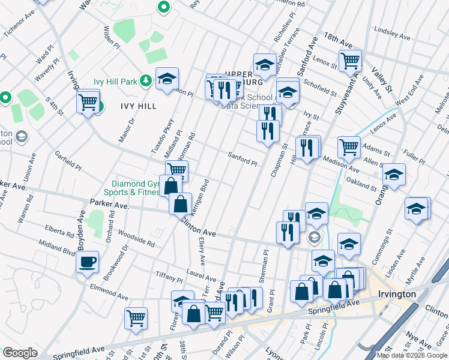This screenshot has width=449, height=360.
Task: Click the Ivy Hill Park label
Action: pyautogui.click(x=116, y=81)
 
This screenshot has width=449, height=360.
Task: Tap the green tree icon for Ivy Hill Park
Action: pyautogui.click(x=145, y=81)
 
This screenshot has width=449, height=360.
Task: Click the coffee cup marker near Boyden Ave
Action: pyautogui.click(x=88, y=262)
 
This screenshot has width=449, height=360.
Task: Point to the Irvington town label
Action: pyautogui.click(x=397, y=294)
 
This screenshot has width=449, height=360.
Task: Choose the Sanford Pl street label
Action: pyautogui.click(x=242, y=159)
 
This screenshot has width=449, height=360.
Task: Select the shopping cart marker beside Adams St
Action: pyautogui.click(x=349, y=146)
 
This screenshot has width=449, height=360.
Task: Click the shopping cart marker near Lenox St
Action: pyautogui.click(x=350, y=60)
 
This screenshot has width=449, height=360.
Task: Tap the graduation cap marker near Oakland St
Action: pyautogui.click(x=394, y=175)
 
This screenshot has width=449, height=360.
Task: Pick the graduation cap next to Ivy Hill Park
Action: pyautogui.click(x=167, y=79)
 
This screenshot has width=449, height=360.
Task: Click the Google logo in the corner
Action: pyautogui.click(x=20, y=353)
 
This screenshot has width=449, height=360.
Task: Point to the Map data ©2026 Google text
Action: pyautogui.click(x=412, y=355)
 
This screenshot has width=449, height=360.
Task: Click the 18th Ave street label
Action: pyautogui.click(x=338, y=41)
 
